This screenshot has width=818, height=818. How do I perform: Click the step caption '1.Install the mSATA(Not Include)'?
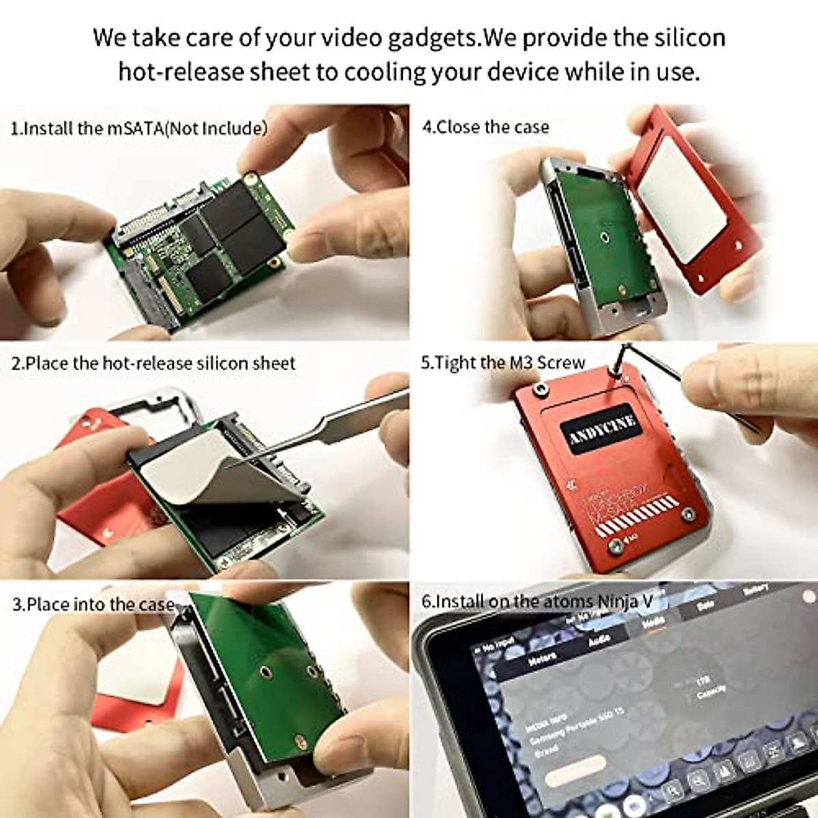139,128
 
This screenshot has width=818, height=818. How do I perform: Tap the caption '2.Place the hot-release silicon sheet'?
153,363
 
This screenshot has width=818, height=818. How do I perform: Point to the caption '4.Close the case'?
485,127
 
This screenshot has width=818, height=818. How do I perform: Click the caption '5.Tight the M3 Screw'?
502,363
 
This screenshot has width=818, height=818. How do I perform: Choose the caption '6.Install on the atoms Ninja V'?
536,601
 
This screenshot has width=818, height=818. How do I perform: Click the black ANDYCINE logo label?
602,429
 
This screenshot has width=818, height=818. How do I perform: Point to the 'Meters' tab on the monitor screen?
543,659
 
